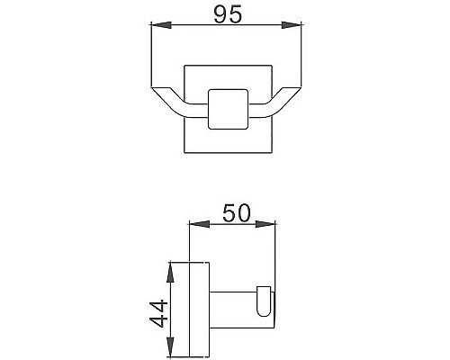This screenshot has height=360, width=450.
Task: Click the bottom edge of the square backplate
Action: pyautogui.click(x=224, y=152)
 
